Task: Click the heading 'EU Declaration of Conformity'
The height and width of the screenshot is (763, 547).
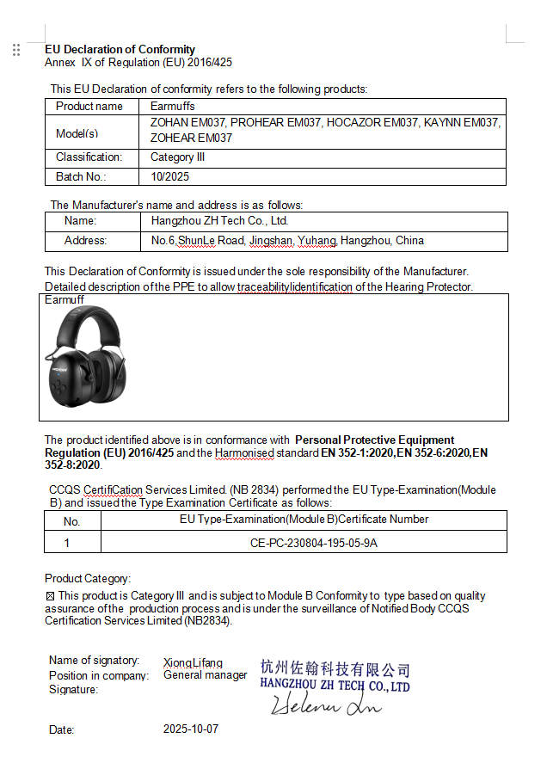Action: (x=120, y=49)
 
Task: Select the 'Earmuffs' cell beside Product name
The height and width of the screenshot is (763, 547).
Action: (x=172, y=106)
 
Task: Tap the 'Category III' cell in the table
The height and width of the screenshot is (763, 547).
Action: (x=177, y=157)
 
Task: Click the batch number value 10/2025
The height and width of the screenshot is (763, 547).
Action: (x=169, y=176)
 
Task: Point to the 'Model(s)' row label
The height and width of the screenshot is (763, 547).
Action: (x=77, y=133)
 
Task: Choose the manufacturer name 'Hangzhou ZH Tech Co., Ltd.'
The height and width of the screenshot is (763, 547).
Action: (x=219, y=221)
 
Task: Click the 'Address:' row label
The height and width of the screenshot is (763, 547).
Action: (x=85, y=241)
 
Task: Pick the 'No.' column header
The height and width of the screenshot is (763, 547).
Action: (x=71, y=521)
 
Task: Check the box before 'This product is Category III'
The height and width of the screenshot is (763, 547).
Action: (x=50, y=595)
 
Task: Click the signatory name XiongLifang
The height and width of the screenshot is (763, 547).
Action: (x=193, y=662)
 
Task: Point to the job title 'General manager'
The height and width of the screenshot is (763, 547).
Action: (x=205, y=675)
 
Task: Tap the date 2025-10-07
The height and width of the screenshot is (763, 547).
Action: (x=191, y=729)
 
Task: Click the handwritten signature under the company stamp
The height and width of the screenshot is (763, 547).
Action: (x=327, y=706)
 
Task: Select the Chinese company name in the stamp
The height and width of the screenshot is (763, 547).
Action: (x=335, y=668)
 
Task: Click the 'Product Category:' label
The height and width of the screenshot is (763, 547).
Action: (x=88, y=578)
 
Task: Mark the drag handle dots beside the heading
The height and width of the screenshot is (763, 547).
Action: (x=16, y=50)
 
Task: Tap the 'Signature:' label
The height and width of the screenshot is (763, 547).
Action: (x=73, y=689)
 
